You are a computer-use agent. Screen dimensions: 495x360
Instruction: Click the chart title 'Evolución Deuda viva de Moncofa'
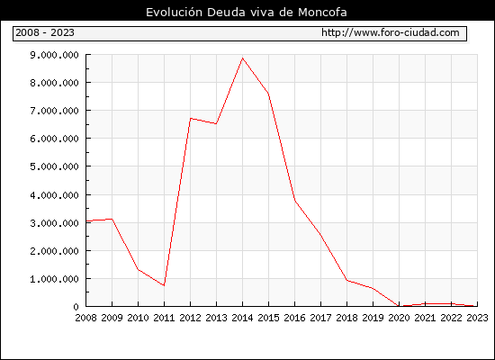click(247, 13)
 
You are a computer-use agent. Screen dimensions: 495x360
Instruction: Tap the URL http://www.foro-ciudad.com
click(391, 32)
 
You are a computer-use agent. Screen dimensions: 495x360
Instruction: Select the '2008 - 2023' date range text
click(45, 32)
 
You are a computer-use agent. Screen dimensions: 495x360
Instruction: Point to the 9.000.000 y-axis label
click(54, 55)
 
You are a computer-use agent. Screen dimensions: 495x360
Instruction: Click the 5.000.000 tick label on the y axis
click(54, 166)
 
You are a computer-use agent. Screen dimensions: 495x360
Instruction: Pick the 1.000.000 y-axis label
click(54, 279)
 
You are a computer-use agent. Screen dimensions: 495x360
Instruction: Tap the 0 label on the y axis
click(76, 307)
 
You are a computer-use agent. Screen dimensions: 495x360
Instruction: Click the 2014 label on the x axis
click(242, 318)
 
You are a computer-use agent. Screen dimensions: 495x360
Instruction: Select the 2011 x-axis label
click(164, 318)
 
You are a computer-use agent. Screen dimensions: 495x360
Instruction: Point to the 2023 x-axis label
click(477, 318)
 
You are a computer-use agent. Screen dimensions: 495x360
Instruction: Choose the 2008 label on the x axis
click(85, 318)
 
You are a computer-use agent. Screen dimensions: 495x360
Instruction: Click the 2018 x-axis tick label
click(346, 318)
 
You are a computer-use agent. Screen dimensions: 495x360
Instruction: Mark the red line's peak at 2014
click(242, 58)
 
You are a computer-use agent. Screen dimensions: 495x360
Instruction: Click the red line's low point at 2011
click(164, 285)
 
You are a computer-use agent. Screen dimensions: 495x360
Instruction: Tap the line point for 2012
click(191, 119)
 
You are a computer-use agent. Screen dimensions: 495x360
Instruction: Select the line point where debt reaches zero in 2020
click(399, 306)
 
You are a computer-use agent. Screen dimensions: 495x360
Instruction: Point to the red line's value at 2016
click(295, 202)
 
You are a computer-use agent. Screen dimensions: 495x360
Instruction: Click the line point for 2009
click(112, 219)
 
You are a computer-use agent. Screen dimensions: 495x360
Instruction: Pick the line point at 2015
click(269, 94)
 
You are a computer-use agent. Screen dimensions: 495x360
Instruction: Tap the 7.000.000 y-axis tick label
click(54, 111)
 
